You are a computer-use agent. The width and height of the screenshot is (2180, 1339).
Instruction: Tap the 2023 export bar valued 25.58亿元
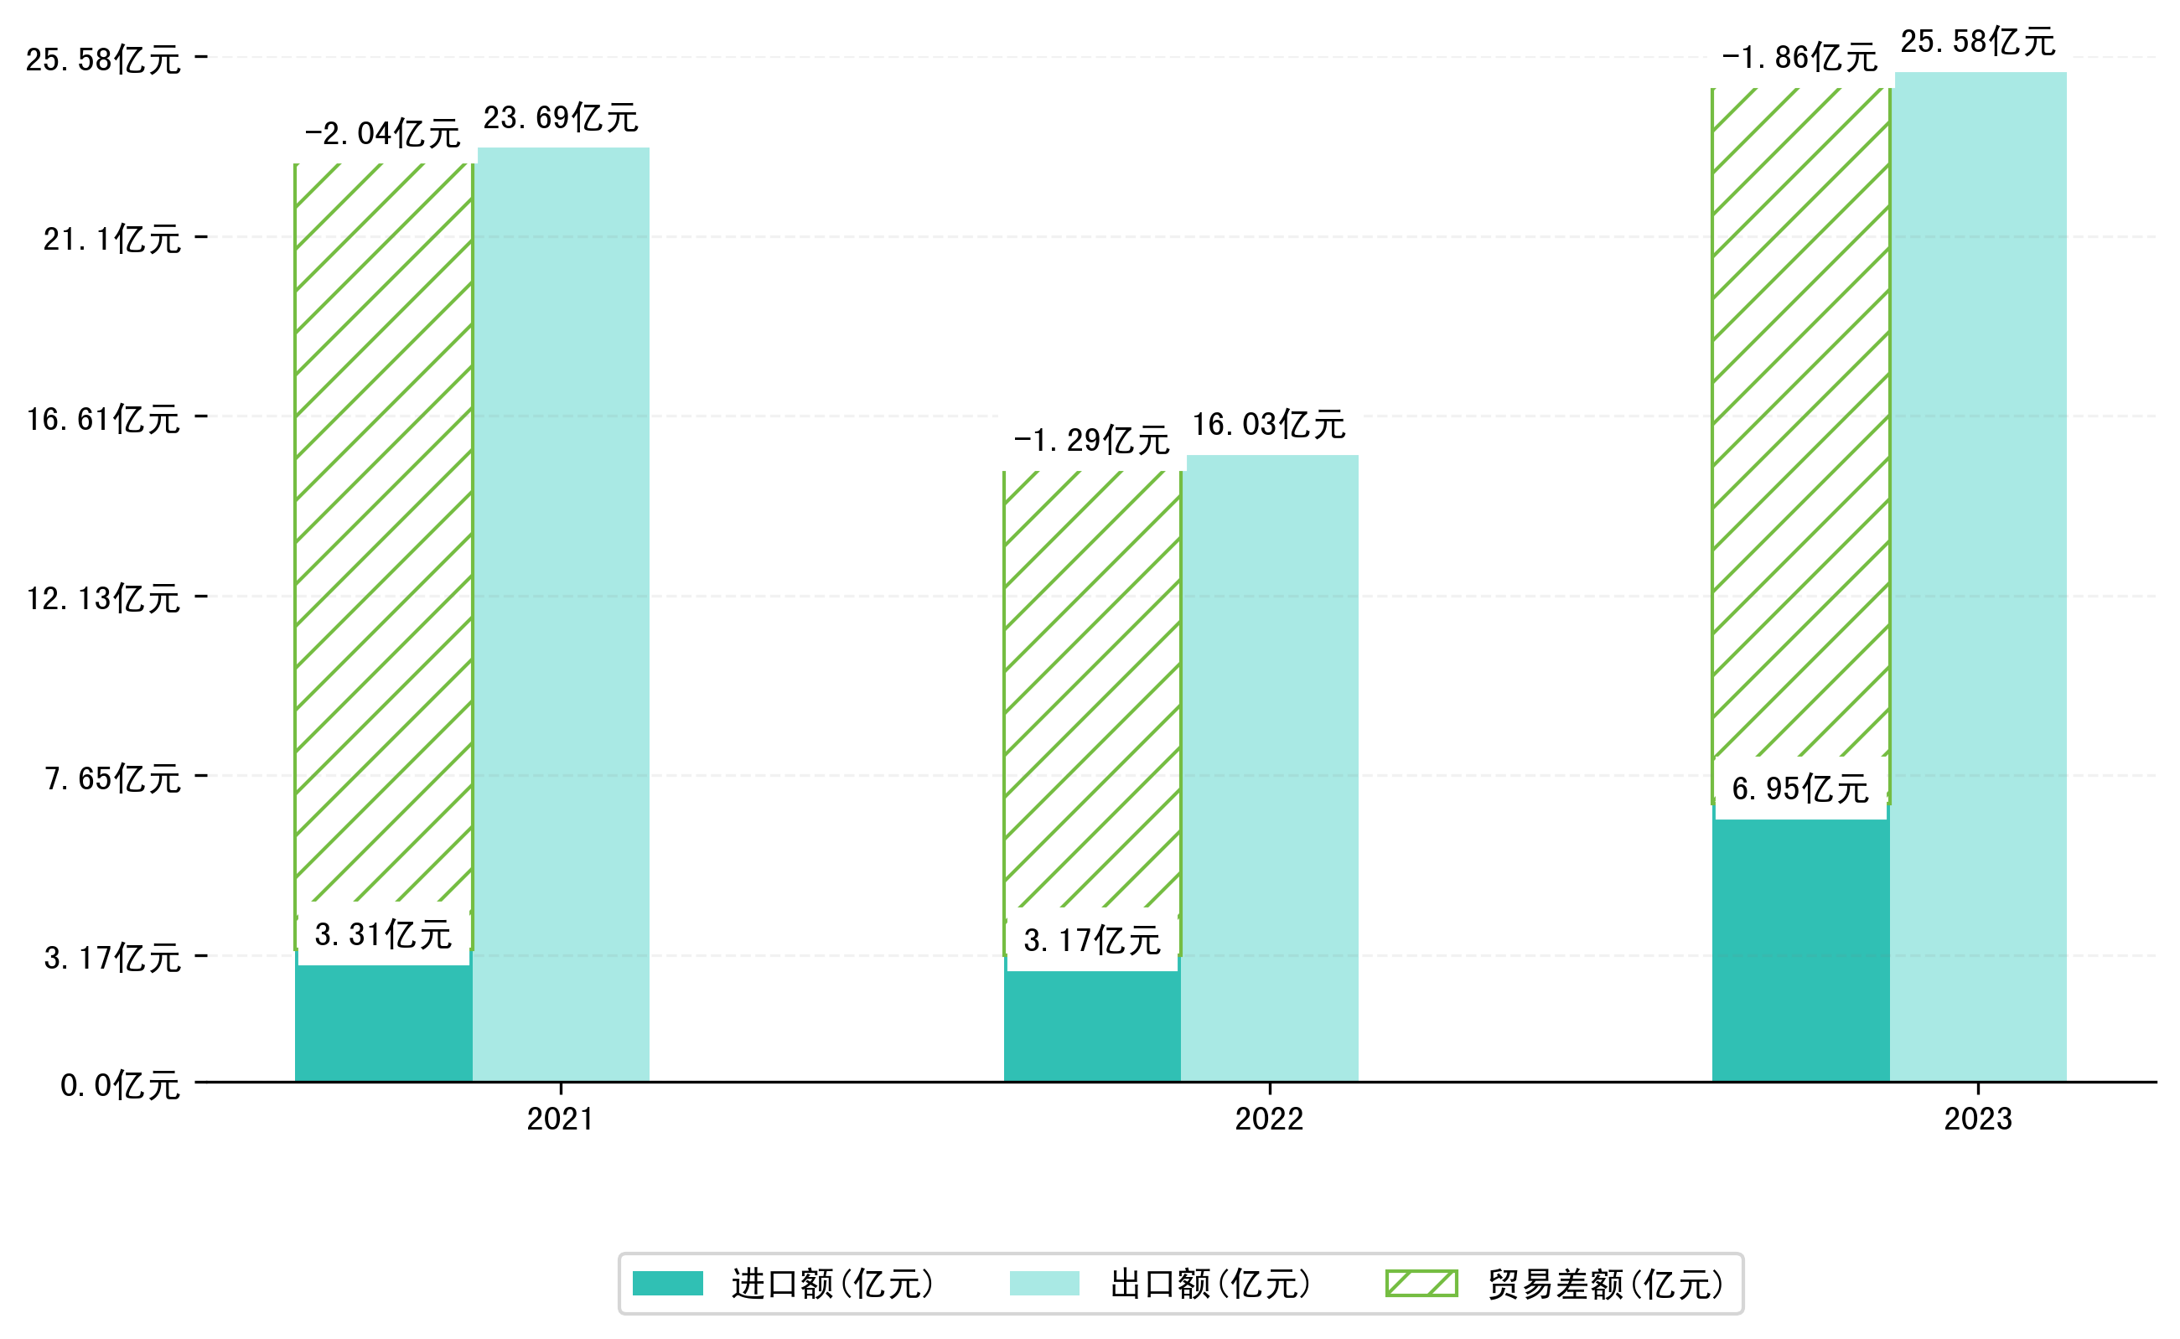[x=1980, y=576]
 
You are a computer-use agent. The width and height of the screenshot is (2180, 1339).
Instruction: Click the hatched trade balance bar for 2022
[x=1091, y=690]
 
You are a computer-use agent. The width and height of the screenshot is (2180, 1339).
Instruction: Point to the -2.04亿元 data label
[x=383, y=134]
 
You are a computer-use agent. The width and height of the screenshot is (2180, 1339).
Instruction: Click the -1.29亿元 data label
[x=1091, y=440]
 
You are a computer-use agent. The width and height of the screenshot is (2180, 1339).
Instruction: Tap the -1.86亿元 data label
[x=1799, y=58]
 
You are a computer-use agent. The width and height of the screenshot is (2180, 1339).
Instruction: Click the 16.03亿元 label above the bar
[x=1268, y=424]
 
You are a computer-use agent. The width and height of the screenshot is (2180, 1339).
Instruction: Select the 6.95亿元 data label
[x=1800, y=788]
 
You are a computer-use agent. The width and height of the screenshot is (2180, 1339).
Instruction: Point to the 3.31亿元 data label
[x=383, y=934]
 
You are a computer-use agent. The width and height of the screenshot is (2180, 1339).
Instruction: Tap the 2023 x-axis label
[x=1977, y=1119]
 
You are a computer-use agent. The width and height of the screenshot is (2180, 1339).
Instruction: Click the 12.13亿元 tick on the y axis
[x=104, y=598]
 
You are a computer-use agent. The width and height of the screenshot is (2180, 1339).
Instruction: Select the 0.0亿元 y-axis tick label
[x=120, y=1085]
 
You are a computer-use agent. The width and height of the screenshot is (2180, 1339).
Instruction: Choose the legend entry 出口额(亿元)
[x=1209, y=1284]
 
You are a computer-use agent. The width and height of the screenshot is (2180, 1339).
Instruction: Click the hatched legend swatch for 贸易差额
[x=1421, y=1283]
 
